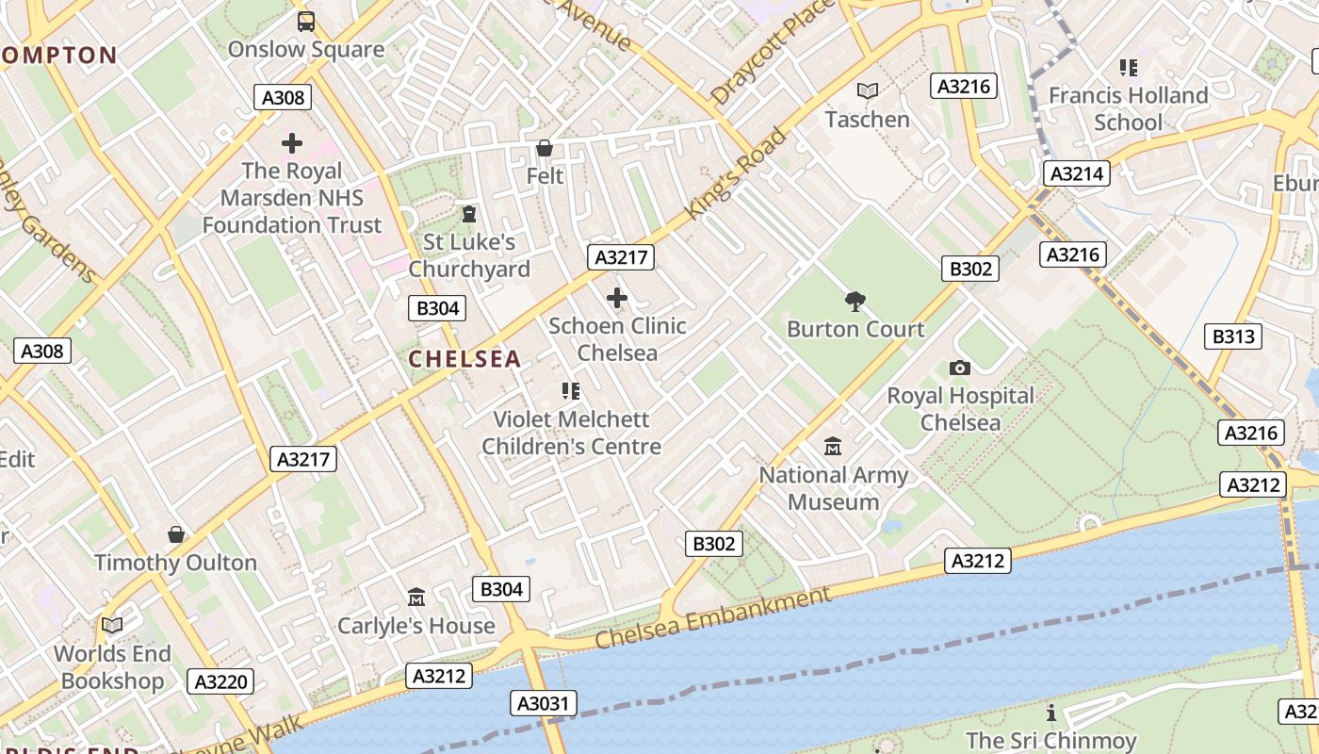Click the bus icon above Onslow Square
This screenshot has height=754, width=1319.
[306, 21]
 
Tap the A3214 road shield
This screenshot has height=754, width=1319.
[1076, 173]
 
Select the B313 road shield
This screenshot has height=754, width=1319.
[1233, 336]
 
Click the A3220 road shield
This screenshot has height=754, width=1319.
[220, 681]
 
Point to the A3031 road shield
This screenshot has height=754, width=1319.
[544, 703]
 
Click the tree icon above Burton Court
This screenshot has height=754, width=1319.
[855, 302]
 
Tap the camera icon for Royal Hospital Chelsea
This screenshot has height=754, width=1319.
[960, 368]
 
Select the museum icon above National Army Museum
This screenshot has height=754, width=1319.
[833, 446]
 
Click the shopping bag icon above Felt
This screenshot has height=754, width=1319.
[545, 148]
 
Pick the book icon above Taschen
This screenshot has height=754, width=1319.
[868, 90]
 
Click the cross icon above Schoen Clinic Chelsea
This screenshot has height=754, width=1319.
[617, 299]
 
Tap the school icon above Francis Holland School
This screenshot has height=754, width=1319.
[1128, 67]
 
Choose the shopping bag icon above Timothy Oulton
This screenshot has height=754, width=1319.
[175, 534]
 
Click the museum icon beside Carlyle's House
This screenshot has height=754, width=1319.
[416, 597]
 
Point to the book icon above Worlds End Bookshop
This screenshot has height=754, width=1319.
[112, 625]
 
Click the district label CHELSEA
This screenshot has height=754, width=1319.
[464, 359]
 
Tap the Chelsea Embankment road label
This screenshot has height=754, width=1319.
[713, 618]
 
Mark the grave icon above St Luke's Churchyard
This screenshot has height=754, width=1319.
[468, 214]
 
